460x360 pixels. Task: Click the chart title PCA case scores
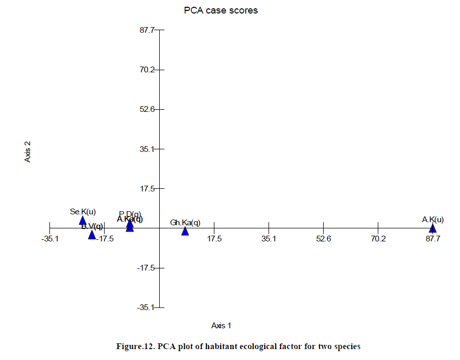(221, 10)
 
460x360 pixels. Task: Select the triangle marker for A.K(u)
(432, 228)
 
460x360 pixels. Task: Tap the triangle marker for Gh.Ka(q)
(185, 231)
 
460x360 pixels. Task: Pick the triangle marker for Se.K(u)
(82, 221)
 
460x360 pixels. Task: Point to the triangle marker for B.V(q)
(92, 235)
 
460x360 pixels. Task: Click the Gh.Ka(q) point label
(185, 223)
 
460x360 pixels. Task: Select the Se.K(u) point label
(83, 211)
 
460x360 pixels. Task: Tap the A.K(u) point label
(433, 220)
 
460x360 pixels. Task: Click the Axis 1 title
(221, 326)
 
